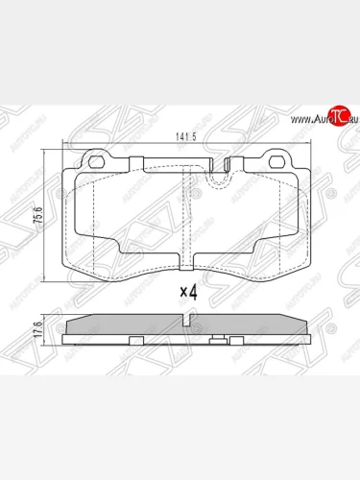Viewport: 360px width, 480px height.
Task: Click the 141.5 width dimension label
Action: [185, 135]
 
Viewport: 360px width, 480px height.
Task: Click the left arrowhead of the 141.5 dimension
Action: [65, 142]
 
